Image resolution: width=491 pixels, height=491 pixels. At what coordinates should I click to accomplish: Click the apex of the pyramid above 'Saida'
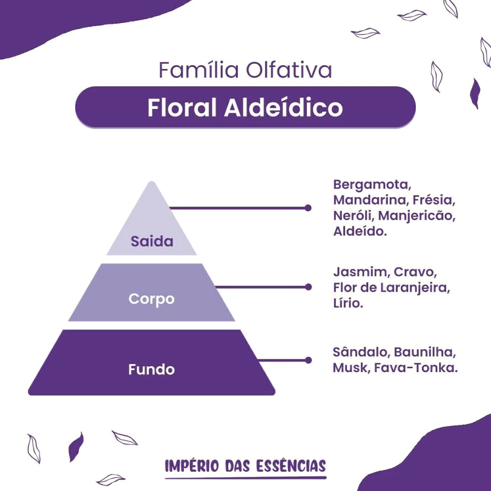pyautogui.click(x=152, y=182)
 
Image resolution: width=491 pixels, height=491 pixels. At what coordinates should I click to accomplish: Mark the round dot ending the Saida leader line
pyautogui.click(x=308, y=208)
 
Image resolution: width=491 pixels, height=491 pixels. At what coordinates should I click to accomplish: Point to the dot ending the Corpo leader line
pyautogui.click(x=308, y=287)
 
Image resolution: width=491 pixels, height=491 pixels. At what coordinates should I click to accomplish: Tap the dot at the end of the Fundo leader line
pyautogui.click(x=308, y=360)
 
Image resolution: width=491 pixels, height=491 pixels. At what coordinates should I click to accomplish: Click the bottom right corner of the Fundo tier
pyautogui.click(x=274, y=394)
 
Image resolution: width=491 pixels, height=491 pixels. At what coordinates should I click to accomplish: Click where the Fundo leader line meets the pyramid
pyautogui.click(x=258, y=360)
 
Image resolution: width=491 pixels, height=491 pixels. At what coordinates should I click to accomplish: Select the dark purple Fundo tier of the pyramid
pyautogui.click(x=152, y=362)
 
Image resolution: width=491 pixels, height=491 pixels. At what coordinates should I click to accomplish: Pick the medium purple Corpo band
pyautogui.click(x=152, y=292)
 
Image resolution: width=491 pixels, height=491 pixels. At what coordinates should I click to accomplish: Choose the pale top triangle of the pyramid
pyautogui.click(x=152, y=218)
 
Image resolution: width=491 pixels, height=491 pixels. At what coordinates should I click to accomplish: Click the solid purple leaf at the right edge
pyautogui.click(x=475, y=94)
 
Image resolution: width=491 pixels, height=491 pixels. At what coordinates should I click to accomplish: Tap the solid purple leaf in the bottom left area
pyautogui.click(x=76, y=447)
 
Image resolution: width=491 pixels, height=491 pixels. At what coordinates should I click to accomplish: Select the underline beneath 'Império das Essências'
pyautogui.click(x=246, y=478)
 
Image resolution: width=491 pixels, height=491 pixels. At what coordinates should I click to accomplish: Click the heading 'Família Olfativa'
pyautogui.click(x=245, y=70)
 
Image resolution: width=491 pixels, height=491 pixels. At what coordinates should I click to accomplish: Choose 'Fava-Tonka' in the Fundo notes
pyautogui.click(x=416, y=368)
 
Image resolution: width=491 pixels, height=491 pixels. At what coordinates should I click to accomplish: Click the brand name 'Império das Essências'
pyautogui.click(x=245, y=466)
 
